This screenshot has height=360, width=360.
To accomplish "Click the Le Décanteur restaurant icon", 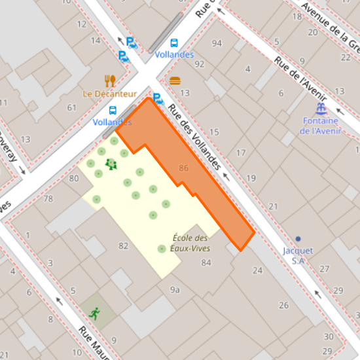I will (110, 81).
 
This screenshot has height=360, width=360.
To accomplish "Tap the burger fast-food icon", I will (175, 81).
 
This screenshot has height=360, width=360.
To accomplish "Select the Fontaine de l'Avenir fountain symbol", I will (320, 109).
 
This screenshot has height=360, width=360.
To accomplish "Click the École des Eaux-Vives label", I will (190, 243).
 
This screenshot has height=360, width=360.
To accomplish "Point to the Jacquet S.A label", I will (298, 255).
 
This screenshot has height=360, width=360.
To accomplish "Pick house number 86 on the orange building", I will (184, 168).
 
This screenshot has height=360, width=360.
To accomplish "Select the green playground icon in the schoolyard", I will (111, 164).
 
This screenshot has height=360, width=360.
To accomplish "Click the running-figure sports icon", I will (94, 313).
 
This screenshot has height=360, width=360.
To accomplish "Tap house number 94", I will (217, 43).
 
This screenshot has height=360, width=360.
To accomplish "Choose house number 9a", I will (175, 289).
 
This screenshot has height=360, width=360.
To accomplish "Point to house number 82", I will (124, 246).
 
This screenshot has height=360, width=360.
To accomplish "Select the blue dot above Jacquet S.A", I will (298, 238).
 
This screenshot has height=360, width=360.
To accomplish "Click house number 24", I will (257, 270).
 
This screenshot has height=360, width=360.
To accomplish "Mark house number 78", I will (48, 199).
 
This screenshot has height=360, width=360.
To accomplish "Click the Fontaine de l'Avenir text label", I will (320, 126).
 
